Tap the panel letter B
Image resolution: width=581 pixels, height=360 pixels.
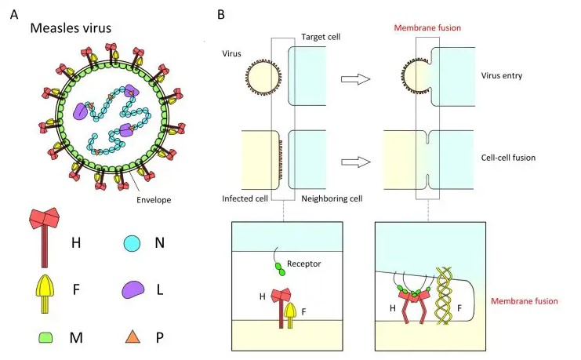coord(221,15)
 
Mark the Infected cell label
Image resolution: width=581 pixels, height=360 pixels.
coord(239,199)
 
